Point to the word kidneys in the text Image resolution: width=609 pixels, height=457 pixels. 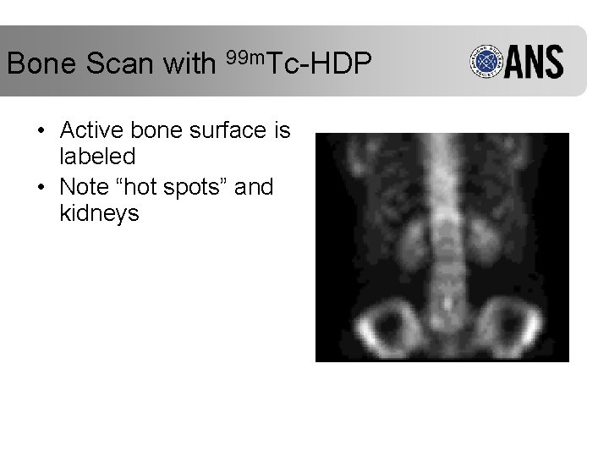(99, 213)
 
